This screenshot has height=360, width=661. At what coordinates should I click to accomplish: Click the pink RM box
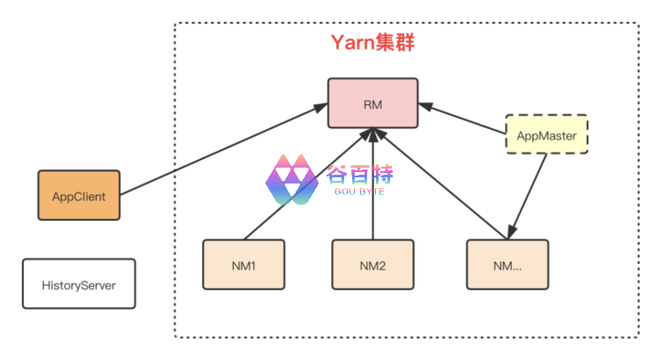point(372,103)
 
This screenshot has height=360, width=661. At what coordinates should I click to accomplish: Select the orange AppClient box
point(79,196)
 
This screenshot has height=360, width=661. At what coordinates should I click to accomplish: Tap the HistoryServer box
point(79,284)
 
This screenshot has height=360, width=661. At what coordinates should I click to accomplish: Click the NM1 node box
point(244,265)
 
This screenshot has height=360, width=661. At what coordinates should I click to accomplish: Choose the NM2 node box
point(373,265)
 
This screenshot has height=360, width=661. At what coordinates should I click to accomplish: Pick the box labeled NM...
point(507,265)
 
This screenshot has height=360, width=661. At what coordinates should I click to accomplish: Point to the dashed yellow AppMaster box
point(546,135)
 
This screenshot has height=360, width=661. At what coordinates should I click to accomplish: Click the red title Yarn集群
point(372,42)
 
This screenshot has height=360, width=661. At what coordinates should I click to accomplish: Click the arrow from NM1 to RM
point(304,185)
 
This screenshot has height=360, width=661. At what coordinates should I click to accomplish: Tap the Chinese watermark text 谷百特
point(360,174)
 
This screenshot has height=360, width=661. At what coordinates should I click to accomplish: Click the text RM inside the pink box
point(372,103)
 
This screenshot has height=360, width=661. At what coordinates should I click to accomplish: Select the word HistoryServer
point(79,285)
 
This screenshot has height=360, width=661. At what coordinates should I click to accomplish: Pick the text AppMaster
point(546,135)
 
